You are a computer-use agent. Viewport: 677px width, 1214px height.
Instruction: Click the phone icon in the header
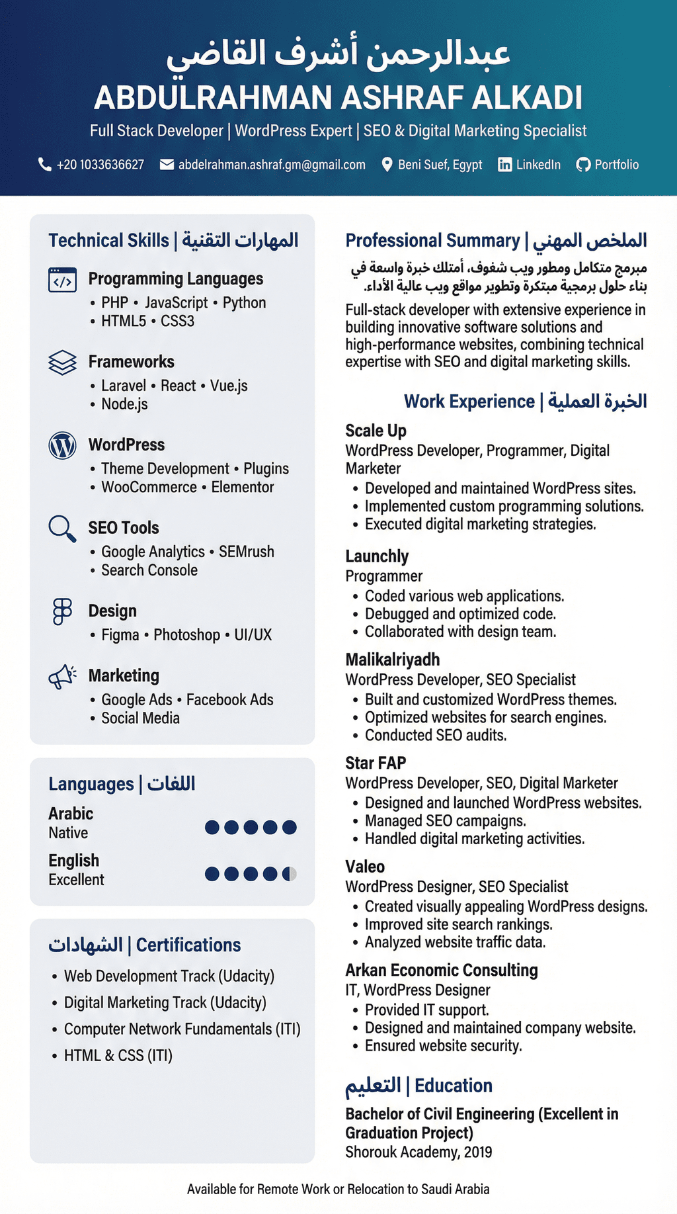pyautogui.click(x=45, y=164)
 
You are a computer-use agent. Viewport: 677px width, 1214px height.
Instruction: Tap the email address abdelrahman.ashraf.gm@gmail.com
pyautogui.click(x=272, y=165)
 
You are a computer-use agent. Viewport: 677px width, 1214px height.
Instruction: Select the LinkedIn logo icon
pyautogui.click(x=504, y=165)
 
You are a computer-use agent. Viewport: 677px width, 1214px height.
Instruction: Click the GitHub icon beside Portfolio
pyautogui.click(x=583, y=165)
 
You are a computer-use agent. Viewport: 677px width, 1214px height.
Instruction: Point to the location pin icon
pyautogui.click(x=387, y=165)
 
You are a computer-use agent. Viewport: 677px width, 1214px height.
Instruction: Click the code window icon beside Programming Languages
pyautogui.click(x=62, y=280)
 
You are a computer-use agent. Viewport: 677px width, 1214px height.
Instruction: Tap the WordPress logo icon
pyautogui.click(x=62, y=445)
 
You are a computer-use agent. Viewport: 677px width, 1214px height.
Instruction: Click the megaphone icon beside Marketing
pyautogui.click(x=62, y=677)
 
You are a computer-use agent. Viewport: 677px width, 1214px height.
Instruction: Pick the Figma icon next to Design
pyautogui.click(x=62, y=611)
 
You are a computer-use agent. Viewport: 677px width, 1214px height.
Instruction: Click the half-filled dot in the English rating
pyautogui.click(x=289, y=874)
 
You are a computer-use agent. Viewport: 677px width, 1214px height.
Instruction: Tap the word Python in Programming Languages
pyautogui.click(x=244, y=303)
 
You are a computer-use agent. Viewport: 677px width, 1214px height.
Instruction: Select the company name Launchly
pyautogui.click(x=377, y=556)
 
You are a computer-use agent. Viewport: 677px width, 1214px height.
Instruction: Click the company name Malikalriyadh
pyautogui.click(x=392, y=660)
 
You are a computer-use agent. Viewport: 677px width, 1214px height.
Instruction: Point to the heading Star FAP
pyautogui.click(x=376, y=763)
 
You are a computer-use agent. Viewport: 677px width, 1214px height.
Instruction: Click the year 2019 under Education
pyautogui.click(x=478, y=1152)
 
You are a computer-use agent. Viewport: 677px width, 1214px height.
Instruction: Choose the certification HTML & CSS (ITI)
pyautogui.click(x=118, y=1055)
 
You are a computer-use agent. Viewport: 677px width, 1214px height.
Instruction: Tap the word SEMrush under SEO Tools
pyautogui.click(x=246, y=552)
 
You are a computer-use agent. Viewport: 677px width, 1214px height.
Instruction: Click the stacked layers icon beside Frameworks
pyautogui.click(x=62, y=363)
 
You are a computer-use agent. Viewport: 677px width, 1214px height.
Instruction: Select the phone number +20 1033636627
pyautogui.click(x=100, y=165)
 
